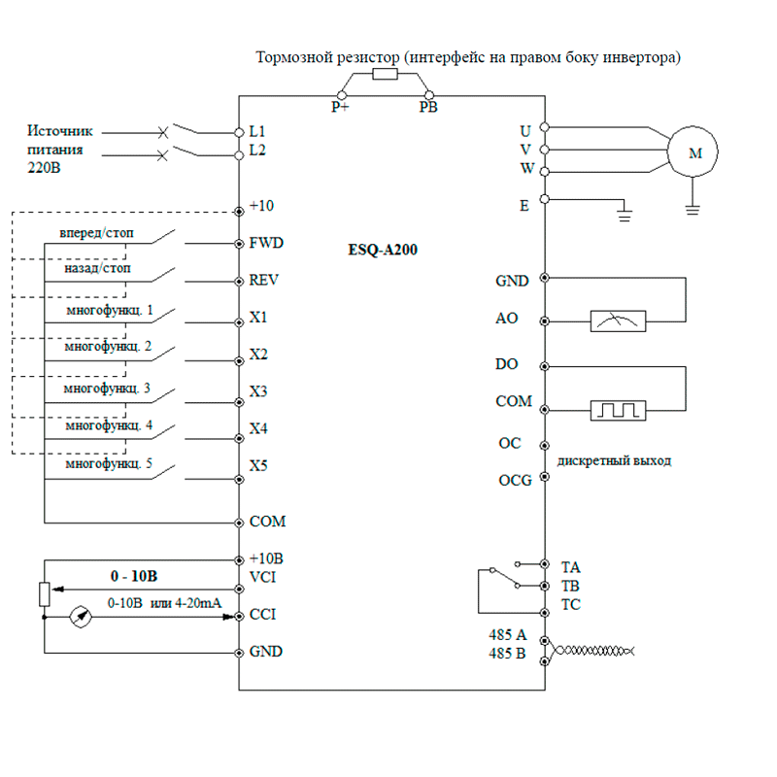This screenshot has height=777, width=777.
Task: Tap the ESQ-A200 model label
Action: click(383, 249)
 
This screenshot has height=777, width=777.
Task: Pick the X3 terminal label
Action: click(258, 391)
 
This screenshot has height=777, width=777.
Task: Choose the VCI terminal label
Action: click(263, 577)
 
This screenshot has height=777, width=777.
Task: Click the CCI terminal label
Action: click(263, 615)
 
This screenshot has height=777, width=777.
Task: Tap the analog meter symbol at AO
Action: click(619, 321)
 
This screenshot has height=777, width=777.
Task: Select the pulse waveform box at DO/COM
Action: click(619, 410)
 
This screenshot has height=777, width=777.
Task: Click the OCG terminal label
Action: click(515, 481)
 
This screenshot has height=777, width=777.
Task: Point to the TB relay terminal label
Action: click(571, 586)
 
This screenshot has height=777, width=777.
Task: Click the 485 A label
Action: click(507, 635)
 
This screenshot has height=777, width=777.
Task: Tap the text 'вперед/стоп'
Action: click(97, 233)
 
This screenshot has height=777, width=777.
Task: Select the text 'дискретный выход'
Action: click(615, 460)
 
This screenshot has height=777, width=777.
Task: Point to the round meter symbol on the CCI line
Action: click(80, 615)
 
